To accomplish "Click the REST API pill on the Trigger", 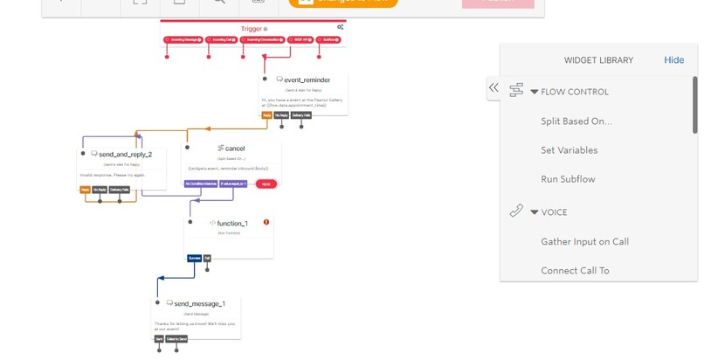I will (x=297, y=40).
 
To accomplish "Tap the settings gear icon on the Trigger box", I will (x=340, y=28).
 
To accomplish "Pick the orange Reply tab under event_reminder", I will (x=266, y=114).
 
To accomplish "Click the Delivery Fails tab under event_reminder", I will (x=302, y=114).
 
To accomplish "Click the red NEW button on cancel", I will (x=266, y=183).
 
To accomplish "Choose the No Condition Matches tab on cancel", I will (x=201, y=183).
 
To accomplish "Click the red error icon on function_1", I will (x=266, y=223).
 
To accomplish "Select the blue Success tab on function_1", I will (x=194, y=258).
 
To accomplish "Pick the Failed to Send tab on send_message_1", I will (x=176, y=338).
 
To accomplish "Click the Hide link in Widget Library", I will (x=673, y=60).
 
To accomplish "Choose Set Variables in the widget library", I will (x=569, y=150).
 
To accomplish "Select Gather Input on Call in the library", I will (x=584, y=242).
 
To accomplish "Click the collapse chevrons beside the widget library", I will (x=493, y=87).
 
